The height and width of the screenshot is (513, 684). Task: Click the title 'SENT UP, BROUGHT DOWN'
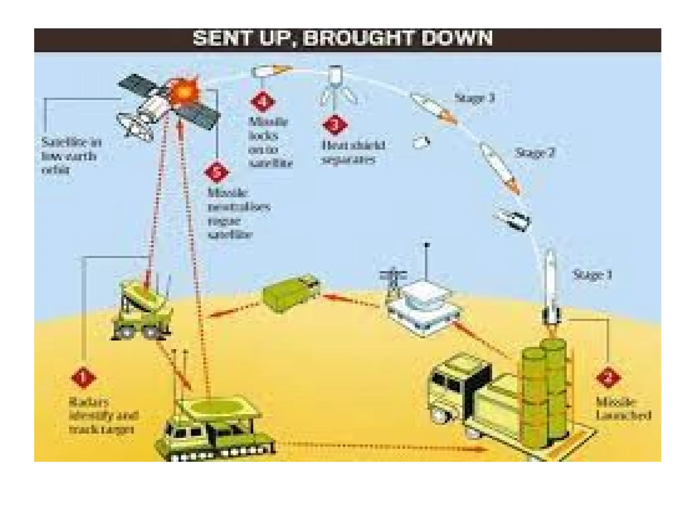[x=342, y=38]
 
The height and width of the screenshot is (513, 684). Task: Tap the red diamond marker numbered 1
[x=83, y=378]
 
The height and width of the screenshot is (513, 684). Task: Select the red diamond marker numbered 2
[x=608, y=378]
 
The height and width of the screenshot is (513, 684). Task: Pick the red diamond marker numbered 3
[x=335, y=125]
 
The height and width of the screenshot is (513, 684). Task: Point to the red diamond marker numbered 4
[x=263, y=102]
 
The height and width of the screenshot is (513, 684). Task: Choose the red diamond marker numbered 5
[x=217, y=172]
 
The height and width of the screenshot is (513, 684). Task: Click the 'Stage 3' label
[x=474, y=98]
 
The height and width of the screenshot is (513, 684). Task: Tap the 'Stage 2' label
[x=534, y=153]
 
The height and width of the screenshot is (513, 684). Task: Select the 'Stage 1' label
[x=592, y=275]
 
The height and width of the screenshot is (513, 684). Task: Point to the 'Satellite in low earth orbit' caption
[x=71, y=156]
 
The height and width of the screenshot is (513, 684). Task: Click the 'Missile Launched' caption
[x=623, y=408]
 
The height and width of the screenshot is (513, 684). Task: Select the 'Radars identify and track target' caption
[x=103, y=415]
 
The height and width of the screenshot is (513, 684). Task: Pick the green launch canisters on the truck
[x=544, y=391]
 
